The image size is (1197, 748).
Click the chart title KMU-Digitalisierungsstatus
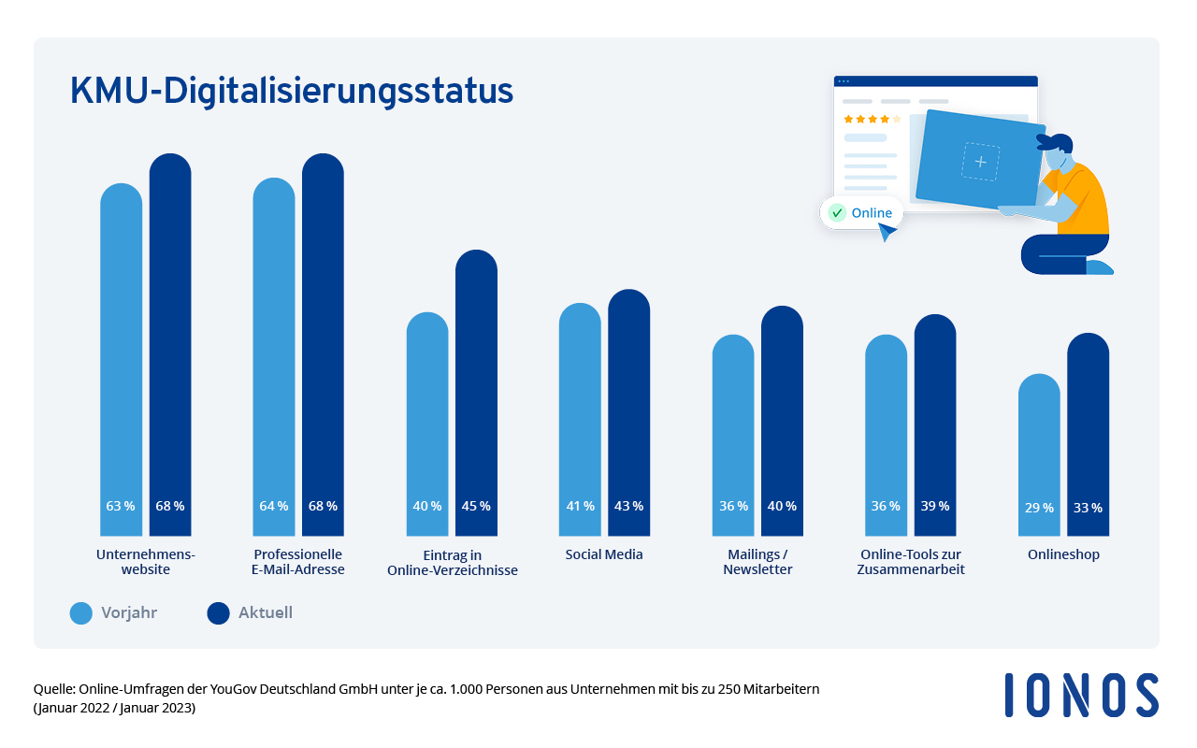pos(292,92)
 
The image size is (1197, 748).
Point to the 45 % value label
pos(476,506)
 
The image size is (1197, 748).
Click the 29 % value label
pos(1039,508)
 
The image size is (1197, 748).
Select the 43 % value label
pos(628,506)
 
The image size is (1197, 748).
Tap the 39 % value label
pos(934,506)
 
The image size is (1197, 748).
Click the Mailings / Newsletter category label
pos(757,562)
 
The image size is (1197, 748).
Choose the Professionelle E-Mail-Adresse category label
pos(298,562)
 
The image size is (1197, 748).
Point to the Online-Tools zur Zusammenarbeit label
pos(910,562)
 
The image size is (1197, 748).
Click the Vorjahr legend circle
pos(81,613)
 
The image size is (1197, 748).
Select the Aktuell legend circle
pos(218,613)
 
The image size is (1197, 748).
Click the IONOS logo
pos(1081,696)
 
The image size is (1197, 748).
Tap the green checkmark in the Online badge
pos(838,213)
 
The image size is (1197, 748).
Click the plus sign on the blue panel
pos(980,162)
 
